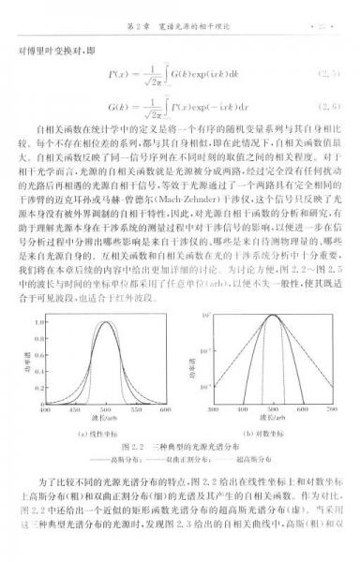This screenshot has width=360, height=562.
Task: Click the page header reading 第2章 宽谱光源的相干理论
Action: click(x=179, y=16)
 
